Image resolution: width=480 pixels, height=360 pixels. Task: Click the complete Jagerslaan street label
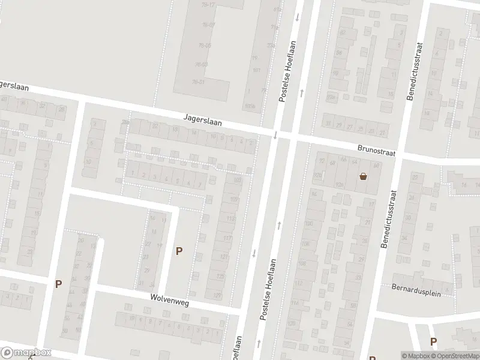pyautogui.click(x=203, y=121)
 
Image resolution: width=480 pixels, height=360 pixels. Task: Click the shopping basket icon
pyautogui.click(x=363, y=176)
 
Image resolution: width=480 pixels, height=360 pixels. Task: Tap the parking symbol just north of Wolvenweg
pyautogui.click(x=179, y=251)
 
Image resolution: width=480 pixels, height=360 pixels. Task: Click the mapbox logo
pyautogui.click(x=26, y=353)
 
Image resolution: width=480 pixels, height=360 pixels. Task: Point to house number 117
pyautogui.click(x=227, y=238)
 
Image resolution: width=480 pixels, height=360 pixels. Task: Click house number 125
pyautogui.click(x=220, y=277)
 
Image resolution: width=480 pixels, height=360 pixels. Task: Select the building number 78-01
pyautogui.click(x=198, y=82)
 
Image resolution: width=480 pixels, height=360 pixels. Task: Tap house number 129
pyautogui.click(x=217, y=295)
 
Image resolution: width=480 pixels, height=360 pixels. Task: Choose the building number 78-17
pyautogui.click(x=209, y=4)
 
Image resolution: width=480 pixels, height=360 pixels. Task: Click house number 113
pyautogui.click(x=230, y=219)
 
